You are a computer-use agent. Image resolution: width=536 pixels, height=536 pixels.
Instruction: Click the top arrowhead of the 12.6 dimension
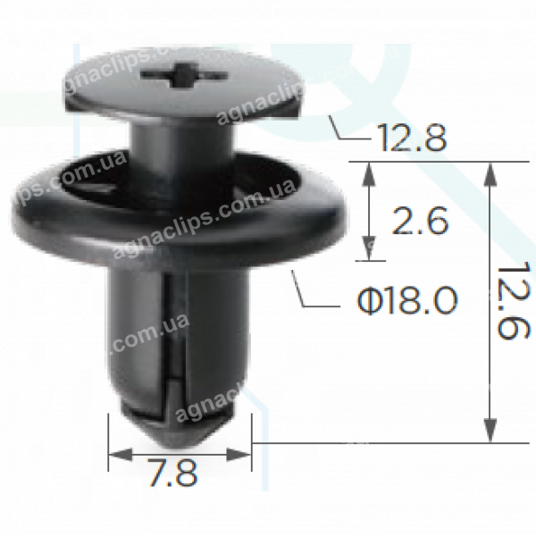pyautogui.click(x=490, y=170)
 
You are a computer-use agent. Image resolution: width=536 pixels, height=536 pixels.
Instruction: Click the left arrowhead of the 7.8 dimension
pyautogui.click(x=114, y=454)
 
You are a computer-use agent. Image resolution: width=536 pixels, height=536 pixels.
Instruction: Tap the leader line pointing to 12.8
pyautogui.click(x=335, y=127)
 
